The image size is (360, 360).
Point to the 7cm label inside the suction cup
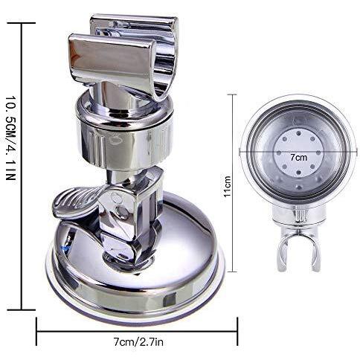tap(298, 158)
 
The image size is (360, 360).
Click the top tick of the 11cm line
tap(234, 94)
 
